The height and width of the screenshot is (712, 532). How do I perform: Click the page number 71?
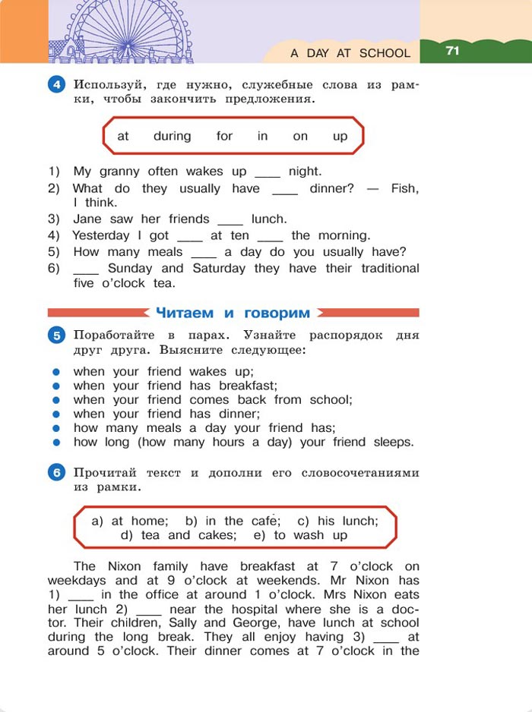(x=453, y=51)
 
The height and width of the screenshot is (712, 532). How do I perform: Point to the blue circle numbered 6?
(x=57, y=473)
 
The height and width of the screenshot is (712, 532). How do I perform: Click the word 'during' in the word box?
(x=172, y=137)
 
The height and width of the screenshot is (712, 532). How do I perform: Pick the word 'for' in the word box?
(x=224, y=137)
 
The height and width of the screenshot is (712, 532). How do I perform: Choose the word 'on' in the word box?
(x=300, y=137)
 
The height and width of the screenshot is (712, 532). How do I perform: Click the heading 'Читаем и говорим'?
(x=233, y=313)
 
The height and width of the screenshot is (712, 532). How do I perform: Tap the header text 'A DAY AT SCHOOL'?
(x=350, y=54)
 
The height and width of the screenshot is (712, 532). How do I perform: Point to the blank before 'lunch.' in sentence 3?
(x=230, y=220)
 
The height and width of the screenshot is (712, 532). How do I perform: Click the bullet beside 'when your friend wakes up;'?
(x=55, y=372)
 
